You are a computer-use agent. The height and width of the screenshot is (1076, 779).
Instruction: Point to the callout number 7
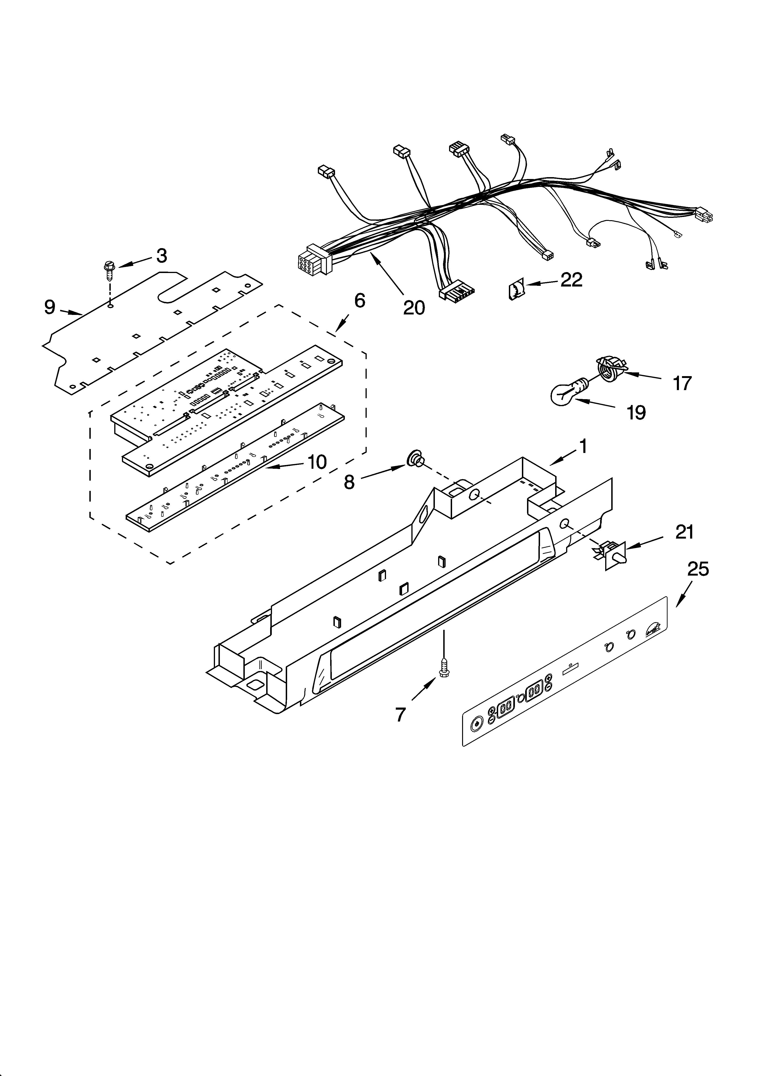pos(401,714)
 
